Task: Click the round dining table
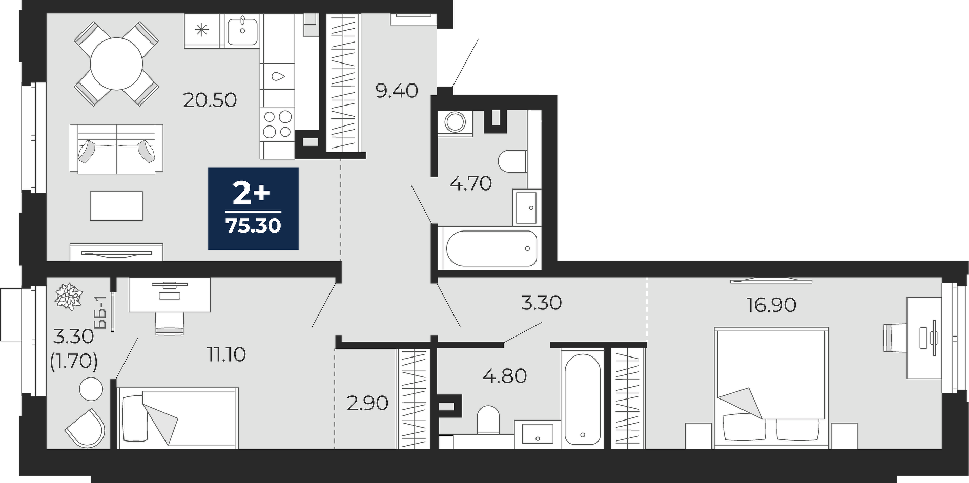[x=116, y=64]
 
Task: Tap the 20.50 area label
[x=210, y=100]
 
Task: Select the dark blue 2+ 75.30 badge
[x=253, y=208]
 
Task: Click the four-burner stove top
[x=277, y=124]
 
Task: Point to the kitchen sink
[x=242, y=30]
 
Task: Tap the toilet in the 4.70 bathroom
[x=512, y=161]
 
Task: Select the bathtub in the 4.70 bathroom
[x=491, y=248]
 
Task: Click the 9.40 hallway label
[x=397, y=91]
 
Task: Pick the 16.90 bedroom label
[x=771, y=305]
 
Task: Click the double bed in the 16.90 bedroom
[x=771, y=388]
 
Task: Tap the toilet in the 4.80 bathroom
[x=488, y=419]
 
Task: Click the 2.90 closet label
[x=367, y=404]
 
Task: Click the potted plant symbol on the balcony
[x=69, y=296]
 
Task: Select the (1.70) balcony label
[x=74, y=362]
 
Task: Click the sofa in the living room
[x=116, y=149]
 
